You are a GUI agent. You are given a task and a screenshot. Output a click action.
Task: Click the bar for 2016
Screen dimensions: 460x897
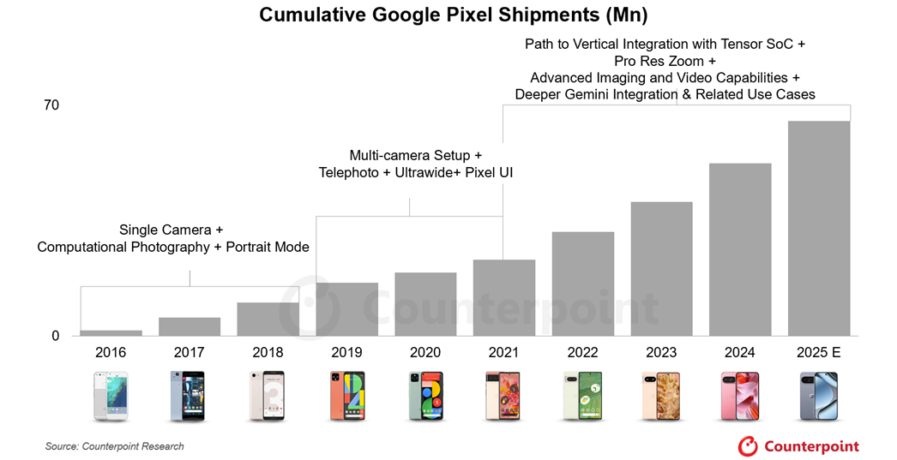[111, 333]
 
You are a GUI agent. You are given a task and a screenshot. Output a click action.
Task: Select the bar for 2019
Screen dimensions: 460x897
[347, 309]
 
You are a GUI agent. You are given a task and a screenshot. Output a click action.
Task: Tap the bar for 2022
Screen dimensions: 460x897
[583, 284]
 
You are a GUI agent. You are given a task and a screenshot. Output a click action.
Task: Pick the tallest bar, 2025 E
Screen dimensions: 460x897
[819, 228]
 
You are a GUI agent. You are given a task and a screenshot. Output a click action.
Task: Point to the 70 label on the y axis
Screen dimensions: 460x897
[51, 105]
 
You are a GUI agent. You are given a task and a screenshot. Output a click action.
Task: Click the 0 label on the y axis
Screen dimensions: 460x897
[56, 336]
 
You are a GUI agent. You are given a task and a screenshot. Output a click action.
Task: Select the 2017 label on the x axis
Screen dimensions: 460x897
[190, 353]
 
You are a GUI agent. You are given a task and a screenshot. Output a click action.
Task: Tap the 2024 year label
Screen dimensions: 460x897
[740, 353]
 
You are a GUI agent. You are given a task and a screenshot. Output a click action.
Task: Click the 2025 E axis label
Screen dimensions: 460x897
[819, 353]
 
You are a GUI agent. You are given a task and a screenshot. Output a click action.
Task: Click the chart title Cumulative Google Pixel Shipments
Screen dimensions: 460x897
[448, 15]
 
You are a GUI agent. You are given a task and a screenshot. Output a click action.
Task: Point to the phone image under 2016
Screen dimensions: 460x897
[111, 396]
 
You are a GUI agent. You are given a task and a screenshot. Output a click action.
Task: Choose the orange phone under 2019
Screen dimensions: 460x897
[347, 396]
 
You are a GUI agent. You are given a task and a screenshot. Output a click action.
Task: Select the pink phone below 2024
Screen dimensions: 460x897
[740, 396]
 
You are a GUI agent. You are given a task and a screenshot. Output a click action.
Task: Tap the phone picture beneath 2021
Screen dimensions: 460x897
[504, 396]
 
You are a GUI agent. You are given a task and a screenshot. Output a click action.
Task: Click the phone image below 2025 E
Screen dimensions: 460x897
[819, 396]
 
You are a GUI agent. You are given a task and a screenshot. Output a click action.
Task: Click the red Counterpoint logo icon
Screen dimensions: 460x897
[748, 445]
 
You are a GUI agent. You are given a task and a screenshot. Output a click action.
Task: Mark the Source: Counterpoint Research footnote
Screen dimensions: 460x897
[115, 446]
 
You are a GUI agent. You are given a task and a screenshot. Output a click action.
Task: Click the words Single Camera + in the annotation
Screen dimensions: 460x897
[172, 230]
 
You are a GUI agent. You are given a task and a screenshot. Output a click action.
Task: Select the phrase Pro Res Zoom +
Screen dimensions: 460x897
[665, 61]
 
